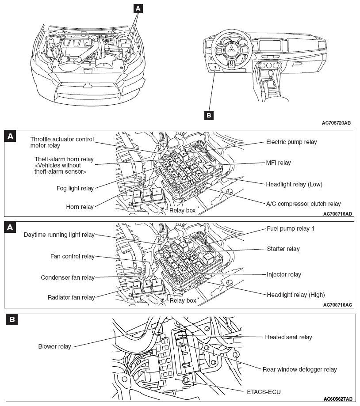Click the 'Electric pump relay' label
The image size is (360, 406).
[x=291, y=142]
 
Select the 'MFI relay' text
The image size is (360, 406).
[x=278, y=163]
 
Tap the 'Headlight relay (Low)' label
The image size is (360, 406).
[x=294, y=184]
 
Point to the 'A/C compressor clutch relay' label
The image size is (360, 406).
[x=303, y=204]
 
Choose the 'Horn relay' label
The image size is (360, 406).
[x=80, y=207]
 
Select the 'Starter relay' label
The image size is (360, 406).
[x=283, y=249]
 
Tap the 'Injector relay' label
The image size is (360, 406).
[x=284, y=274]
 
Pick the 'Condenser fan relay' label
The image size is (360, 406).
[x=68, y=277]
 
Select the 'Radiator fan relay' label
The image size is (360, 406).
[x=71, y=297]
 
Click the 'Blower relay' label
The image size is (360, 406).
[x=54, y=347]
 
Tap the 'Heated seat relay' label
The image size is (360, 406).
[x=288, y=337]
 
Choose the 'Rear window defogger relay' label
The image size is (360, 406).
[x=299, y=369]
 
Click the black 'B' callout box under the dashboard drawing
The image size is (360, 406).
[x=209, y=115]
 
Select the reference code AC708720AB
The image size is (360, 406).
[x=336, y=123]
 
